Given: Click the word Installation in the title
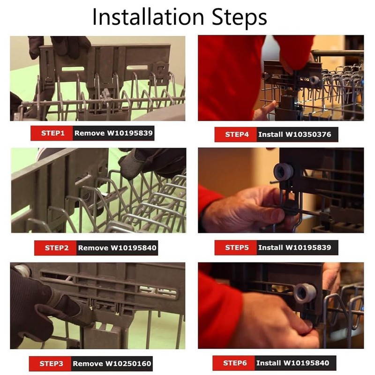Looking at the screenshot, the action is [148, 16].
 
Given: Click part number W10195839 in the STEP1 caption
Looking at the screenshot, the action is [130, 133].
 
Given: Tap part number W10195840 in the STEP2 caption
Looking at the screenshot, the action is [134, 248].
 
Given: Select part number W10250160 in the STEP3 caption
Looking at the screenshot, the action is [128, 364].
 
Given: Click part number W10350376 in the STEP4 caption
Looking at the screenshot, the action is [308, 135].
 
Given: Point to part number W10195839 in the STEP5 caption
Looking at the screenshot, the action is [308, 247].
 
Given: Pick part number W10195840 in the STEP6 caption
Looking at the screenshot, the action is [307, 363].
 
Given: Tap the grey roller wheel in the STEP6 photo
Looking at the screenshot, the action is [305, 293].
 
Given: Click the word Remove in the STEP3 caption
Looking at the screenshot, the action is [88, 364].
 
